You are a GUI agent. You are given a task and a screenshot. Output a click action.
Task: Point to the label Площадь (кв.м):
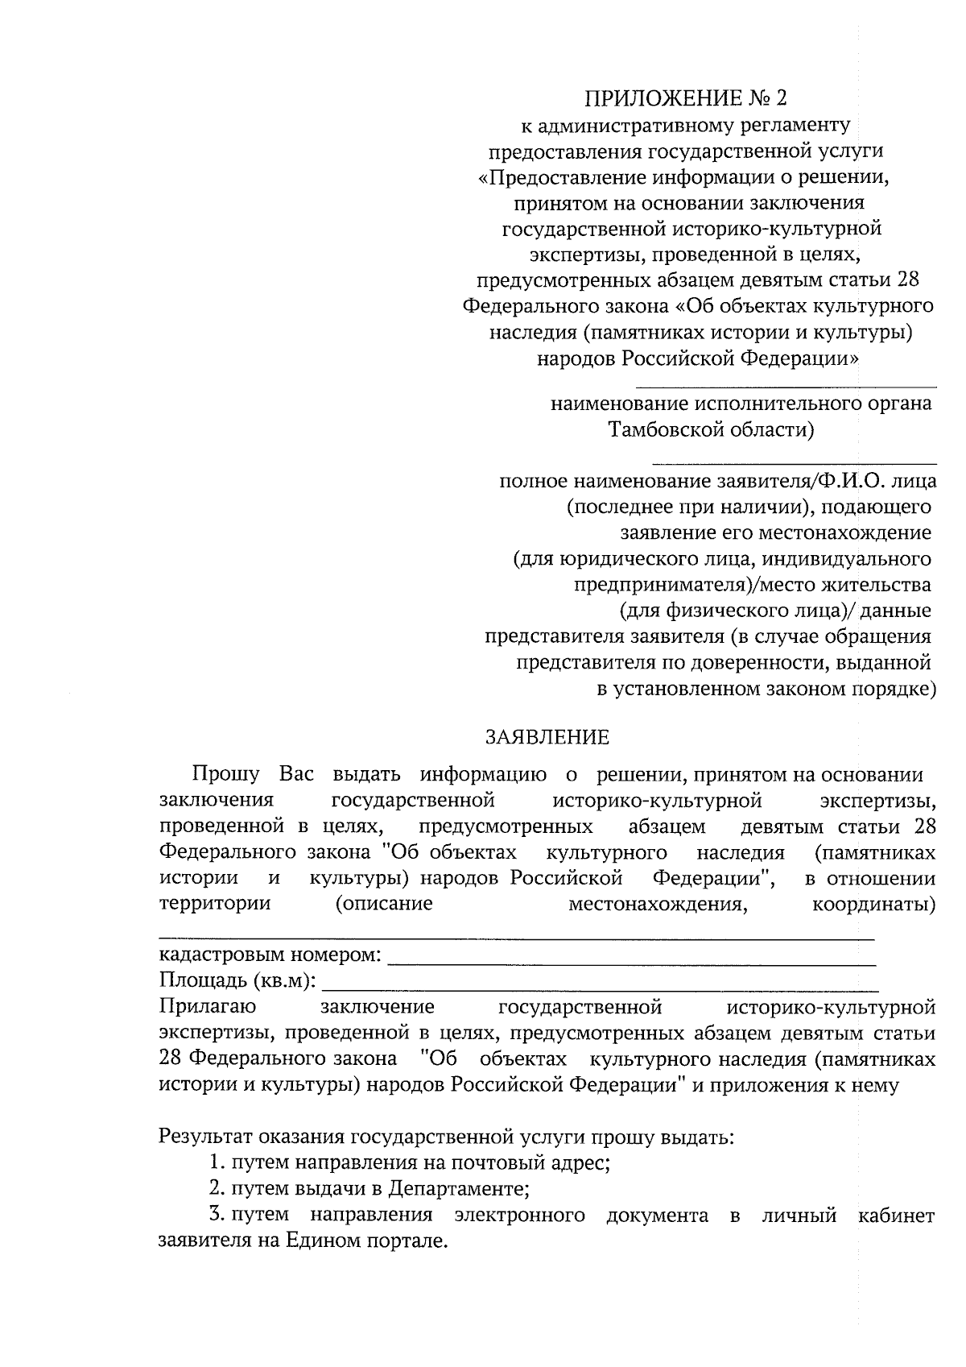(237, 982)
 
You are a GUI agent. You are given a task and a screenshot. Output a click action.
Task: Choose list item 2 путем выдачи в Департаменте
(369, 1189)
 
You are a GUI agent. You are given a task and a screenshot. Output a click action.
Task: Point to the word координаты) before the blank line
(873, 904)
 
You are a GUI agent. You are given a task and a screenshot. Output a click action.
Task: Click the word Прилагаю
(208, 1007)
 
